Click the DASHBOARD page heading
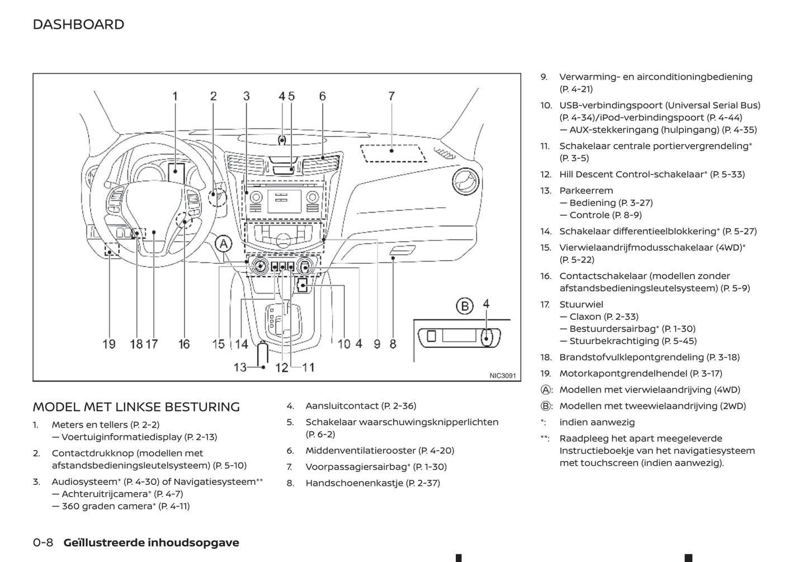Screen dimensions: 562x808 [78, 25]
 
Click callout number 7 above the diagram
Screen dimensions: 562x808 [391, 96]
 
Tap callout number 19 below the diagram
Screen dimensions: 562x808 [109, 344]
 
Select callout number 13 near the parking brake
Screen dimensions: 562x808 [240, 367]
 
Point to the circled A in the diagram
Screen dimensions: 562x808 [224, 244]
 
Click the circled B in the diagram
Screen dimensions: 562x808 [464, 306]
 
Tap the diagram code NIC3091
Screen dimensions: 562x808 [502, 376]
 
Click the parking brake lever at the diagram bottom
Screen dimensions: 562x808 [262, 353]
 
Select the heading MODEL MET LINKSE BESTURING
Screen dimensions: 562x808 [136, 407]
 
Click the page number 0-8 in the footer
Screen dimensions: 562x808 [43, 542]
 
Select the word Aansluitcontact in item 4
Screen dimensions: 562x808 [342, 406]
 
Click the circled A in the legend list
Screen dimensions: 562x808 [546, 390]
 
